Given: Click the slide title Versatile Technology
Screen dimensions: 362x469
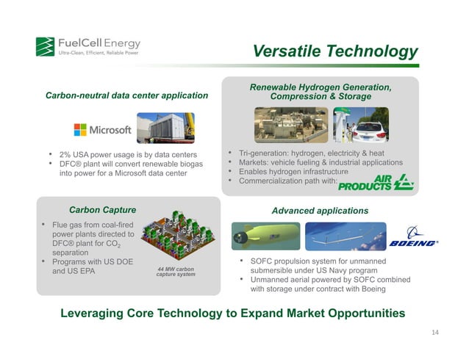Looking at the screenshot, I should (x=334, y=51).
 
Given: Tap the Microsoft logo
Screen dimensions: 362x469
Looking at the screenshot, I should (x=102, y=130).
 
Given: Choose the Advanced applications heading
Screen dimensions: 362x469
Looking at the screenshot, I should (x=320, y=211).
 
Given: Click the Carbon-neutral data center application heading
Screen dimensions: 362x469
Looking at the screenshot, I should (x=126, y=95).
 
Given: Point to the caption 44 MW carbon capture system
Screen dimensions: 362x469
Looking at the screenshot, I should (x=176, y=272).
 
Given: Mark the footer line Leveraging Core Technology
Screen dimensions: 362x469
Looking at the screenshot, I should (x=232, y=314).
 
